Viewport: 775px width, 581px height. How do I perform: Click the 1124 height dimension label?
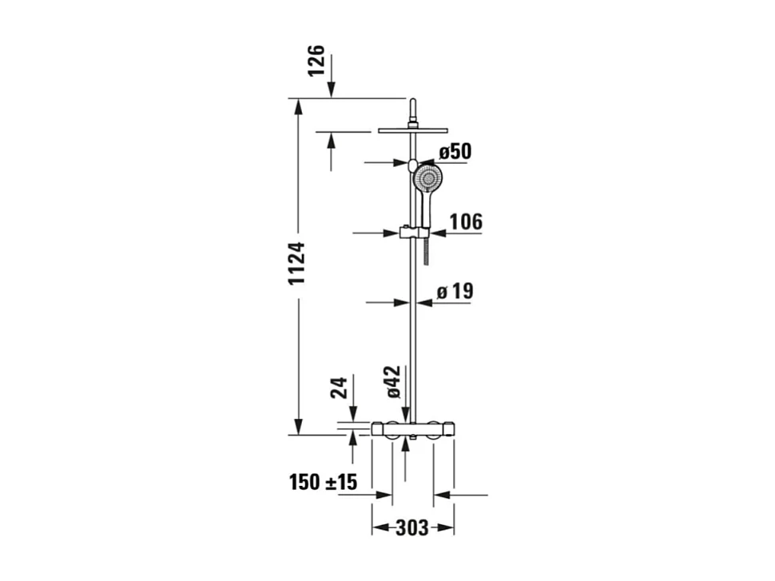click(297, 263)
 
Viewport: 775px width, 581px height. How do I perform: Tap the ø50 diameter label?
click(455, 152)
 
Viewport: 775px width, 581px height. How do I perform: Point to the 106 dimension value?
click(467, 221)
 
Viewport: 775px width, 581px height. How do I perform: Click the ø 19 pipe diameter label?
click(455, 292)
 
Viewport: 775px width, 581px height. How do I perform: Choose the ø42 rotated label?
click(393, 382)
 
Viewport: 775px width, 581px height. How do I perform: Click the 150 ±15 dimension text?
click(323, 482)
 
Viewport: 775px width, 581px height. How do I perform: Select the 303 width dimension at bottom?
click(412, 528)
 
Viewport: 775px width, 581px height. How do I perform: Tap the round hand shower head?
click(427, 178)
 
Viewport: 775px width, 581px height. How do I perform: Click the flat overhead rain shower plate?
click(411, 129)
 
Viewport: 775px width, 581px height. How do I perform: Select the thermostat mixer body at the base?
click(412, 430)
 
